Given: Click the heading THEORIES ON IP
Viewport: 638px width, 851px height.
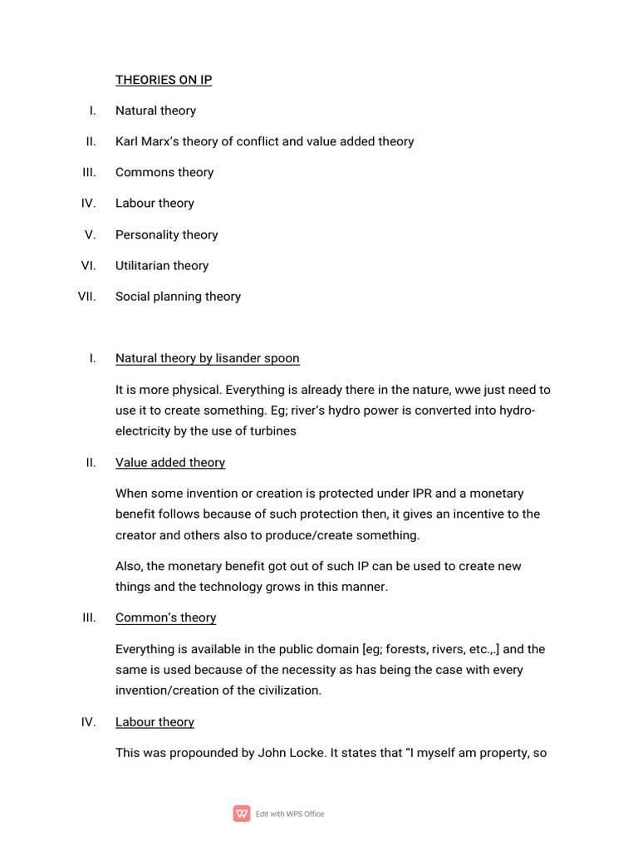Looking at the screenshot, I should click(x=164, y=80).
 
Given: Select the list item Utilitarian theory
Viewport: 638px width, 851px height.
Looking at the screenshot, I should click(x=162, y=265).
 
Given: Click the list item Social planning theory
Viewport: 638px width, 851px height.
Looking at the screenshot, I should click(x=178, y=296).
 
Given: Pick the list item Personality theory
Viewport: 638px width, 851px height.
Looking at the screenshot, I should click(x=166, y=234).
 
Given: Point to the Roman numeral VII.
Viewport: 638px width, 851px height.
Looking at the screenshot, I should click(x=87, y=296).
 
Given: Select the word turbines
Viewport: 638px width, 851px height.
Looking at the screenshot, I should click(x=271, y=430).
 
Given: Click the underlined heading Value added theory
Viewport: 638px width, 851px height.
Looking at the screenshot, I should click(x=170, y=462).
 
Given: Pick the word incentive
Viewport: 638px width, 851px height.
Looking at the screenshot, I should click(x=467, y=514).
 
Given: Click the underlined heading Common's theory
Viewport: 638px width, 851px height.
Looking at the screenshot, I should click(x=165, y=617).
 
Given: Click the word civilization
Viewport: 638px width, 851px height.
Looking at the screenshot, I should click(x=286, y=690).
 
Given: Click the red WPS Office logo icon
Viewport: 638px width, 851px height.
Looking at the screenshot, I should click(x=242, y=814).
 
